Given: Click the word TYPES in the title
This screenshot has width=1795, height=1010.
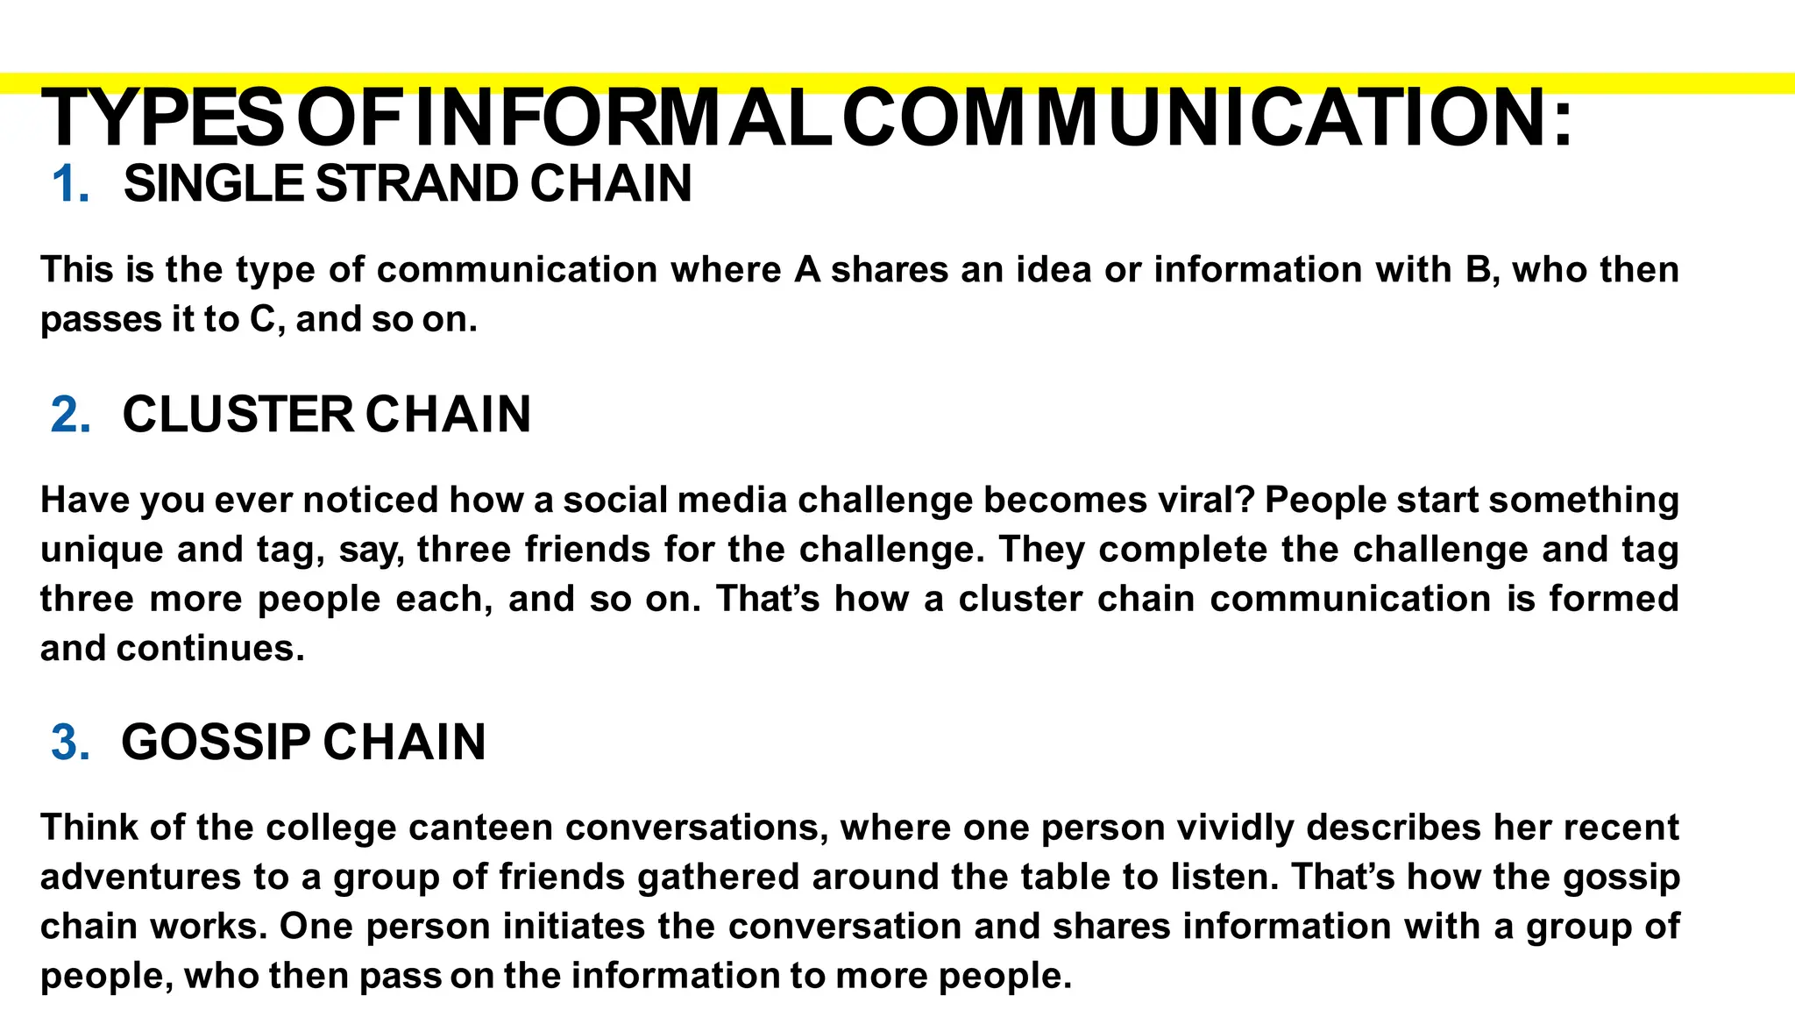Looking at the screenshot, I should pos(162,118).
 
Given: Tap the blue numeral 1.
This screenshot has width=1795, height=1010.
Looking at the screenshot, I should pos(70,185).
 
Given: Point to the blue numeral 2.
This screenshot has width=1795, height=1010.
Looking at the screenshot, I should pos(70,415).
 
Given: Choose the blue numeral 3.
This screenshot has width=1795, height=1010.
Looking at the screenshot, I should pos(70,743).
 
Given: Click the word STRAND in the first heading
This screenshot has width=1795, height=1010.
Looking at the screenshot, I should pos(416,184).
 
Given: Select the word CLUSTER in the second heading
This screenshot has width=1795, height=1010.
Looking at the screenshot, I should pos(238,415).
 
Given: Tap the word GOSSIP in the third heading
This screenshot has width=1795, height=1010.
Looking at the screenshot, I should pos(216,743).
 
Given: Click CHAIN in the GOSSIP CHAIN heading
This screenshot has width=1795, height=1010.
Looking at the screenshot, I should pos(404,743).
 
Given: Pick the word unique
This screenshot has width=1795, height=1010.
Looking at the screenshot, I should pos(102,551).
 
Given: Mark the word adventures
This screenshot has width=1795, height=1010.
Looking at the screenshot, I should pos(140,878).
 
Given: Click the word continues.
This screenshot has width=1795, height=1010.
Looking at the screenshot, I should pos(210,649).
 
